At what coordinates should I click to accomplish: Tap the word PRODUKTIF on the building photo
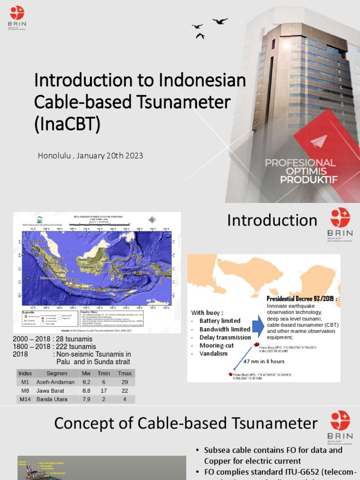[x=308, y=180]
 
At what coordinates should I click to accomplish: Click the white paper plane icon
[x=319, y=140]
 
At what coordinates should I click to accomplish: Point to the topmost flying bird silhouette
[x=220, y=21]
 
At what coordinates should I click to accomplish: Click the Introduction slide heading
[x=272, y=220]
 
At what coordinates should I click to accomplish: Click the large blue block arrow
[x=258, y=325]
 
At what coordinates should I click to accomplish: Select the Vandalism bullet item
[x=213, y=353]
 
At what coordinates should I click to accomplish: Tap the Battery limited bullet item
[x=219, y=321]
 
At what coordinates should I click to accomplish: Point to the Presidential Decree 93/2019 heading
[x=302, y=299]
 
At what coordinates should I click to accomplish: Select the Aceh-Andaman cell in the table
[x=55, y=382]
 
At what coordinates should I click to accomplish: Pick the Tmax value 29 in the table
[x=124, y=382]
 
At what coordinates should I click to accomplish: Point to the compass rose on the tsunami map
[x=152, y=219]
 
